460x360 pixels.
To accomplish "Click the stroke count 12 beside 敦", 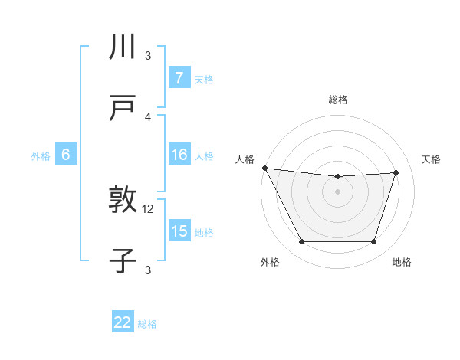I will (x=149, y=208).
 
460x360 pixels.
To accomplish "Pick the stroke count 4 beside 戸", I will (x=149, y=116).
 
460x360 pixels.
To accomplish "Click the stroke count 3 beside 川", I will (x=149, y=55).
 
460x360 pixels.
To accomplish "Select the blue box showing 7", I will (x=179, y=78).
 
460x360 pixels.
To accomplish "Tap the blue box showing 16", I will (x=179, y=155).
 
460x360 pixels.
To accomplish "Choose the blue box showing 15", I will (x=179, y=231).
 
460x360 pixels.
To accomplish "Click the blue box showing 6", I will (x=66, y=155).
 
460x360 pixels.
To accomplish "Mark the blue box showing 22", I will (x=123, y=322).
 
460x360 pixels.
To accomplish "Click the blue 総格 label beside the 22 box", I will (x=147, y=324).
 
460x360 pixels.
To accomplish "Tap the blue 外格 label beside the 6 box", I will (x=41, y=156).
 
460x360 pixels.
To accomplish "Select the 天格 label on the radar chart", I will (x=432, y=159).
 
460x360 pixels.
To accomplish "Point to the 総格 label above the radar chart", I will (x=338, y=100).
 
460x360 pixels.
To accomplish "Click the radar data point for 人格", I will (x=265, y=168).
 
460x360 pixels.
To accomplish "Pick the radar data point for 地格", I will (x=374, y=242).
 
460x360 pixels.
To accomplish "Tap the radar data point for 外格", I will (x=301, y=242).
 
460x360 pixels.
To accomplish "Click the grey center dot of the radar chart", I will (x=338, y=191).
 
